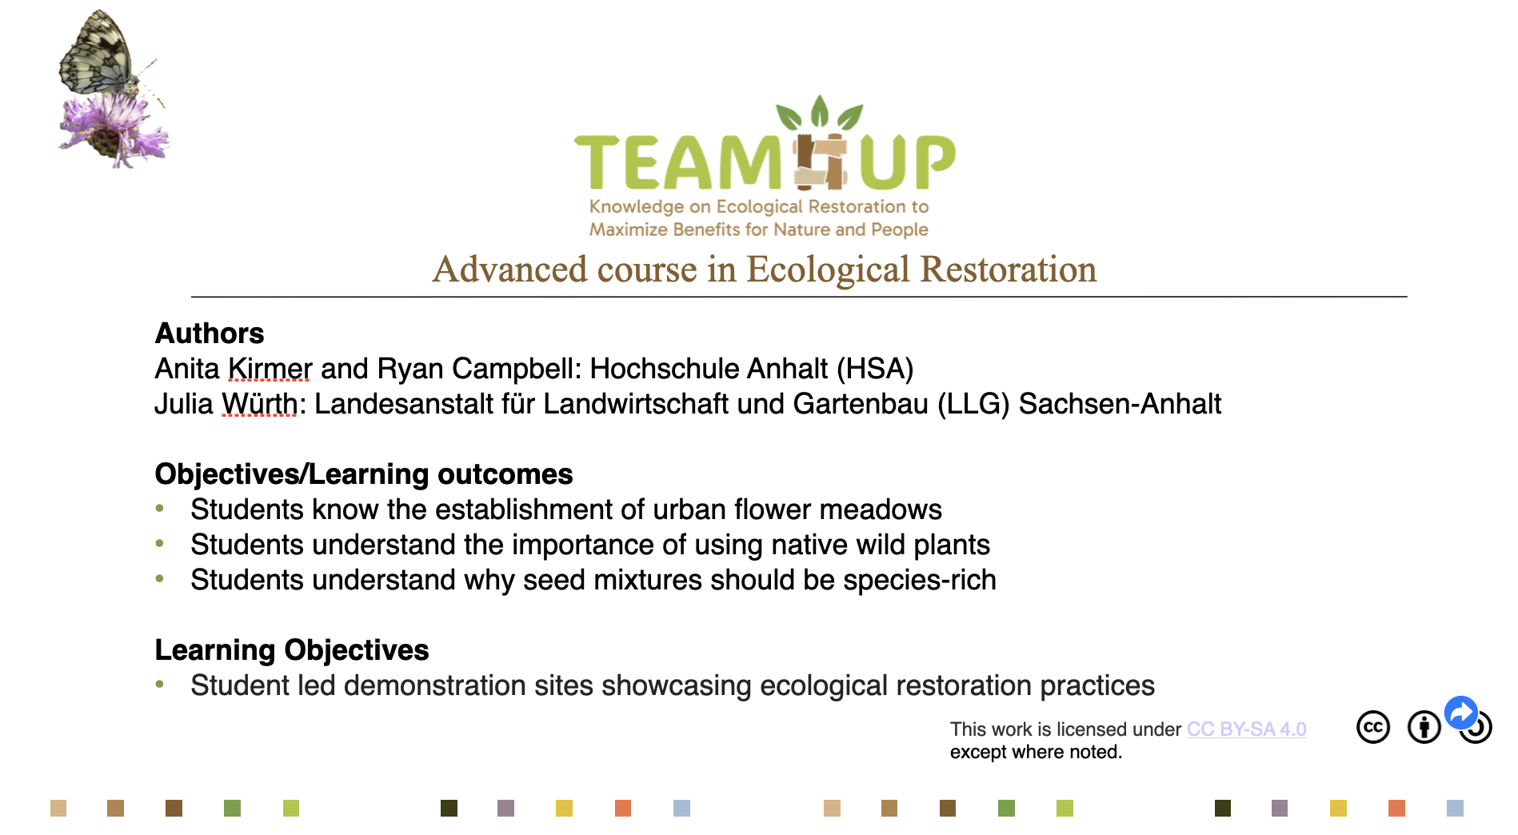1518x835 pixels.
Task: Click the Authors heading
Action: point(210,334)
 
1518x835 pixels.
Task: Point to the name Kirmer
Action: point(270,369)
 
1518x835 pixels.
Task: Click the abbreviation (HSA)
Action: point(875,369)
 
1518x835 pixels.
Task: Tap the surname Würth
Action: point(259,404)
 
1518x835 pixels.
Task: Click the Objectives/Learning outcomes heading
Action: point(364,474)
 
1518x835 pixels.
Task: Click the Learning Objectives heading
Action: point(292,650)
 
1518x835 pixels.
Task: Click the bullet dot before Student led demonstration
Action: point(160,684)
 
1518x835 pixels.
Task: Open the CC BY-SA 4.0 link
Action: point(1246,729)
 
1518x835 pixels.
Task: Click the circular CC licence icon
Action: point(1373,727)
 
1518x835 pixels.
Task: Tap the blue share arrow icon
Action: point(1461,713)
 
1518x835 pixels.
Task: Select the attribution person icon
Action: point(1424,727)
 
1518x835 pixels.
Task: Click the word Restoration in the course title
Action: point(1009,270)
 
